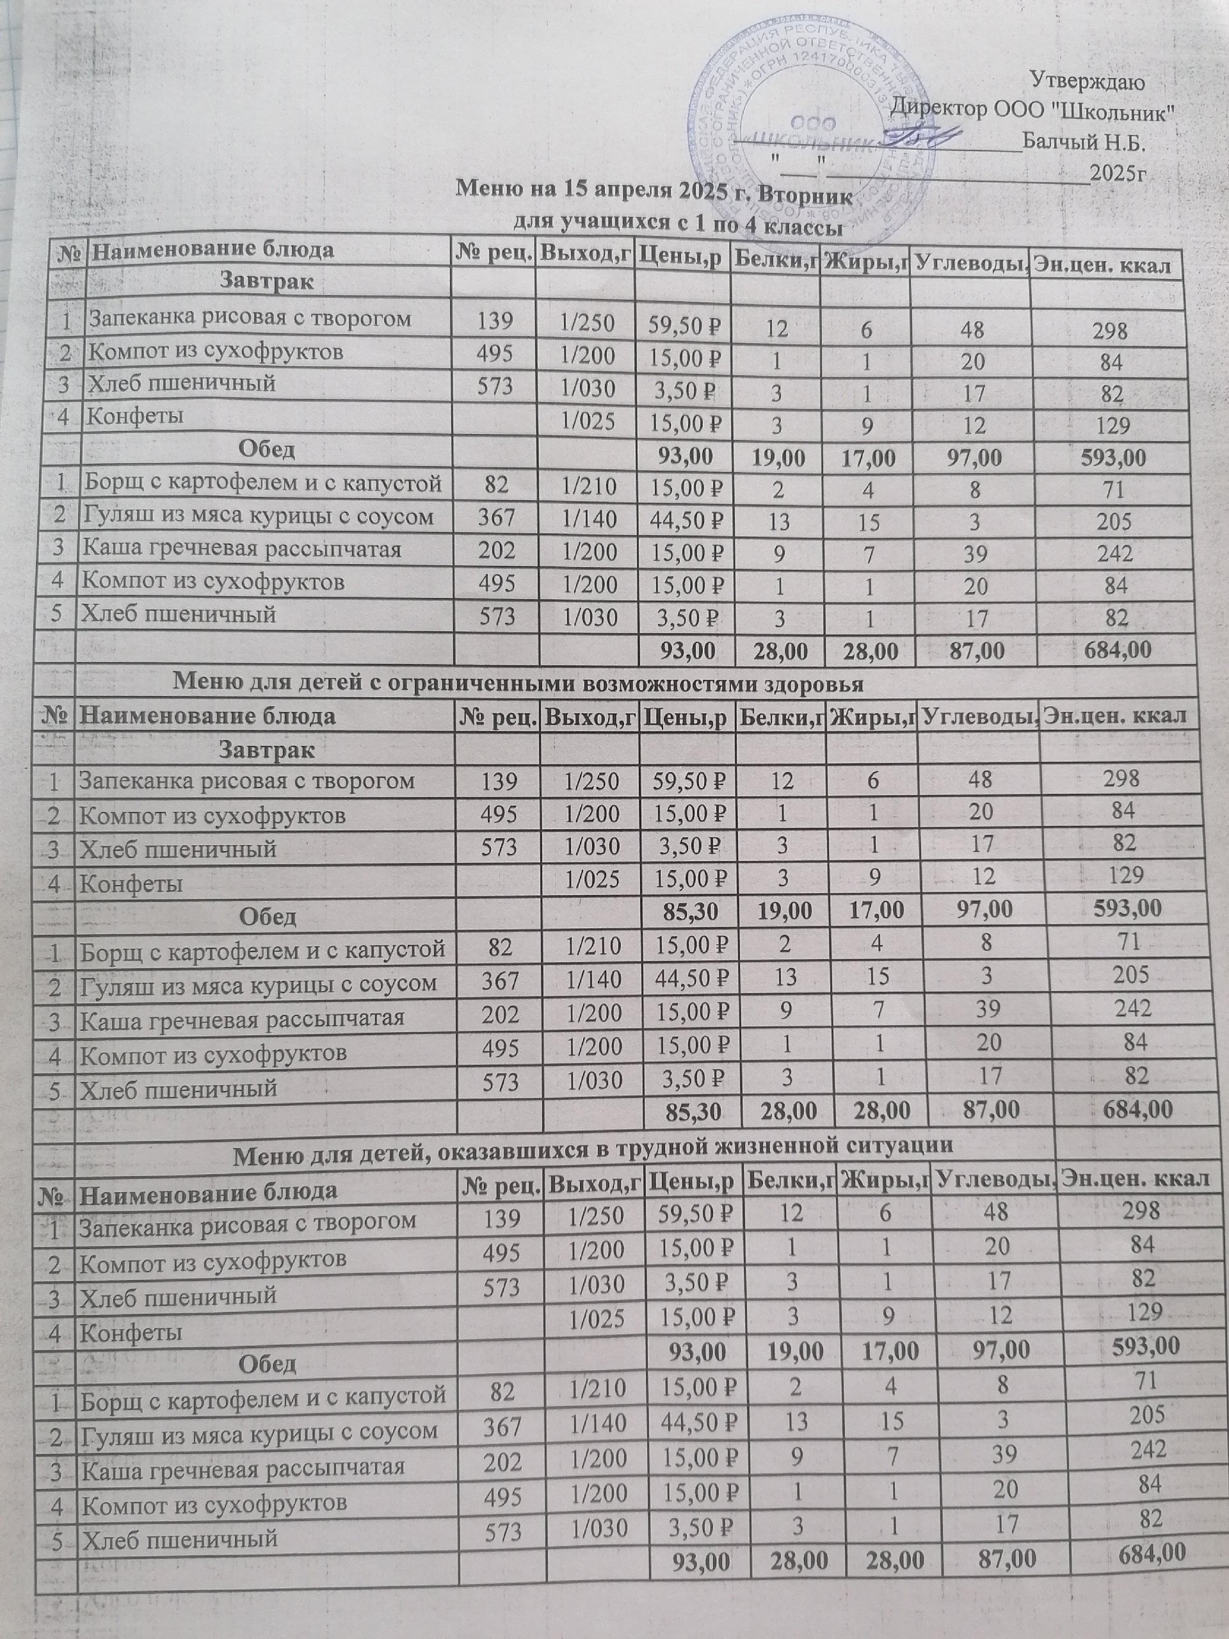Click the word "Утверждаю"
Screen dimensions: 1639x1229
(x=1088, y=79)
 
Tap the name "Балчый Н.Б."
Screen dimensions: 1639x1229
(x=1082, y=140)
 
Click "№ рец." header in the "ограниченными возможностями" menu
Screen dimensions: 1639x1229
(x=498, y=716)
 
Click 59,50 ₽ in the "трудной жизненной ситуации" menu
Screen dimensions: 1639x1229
(x=695, y=1213)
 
